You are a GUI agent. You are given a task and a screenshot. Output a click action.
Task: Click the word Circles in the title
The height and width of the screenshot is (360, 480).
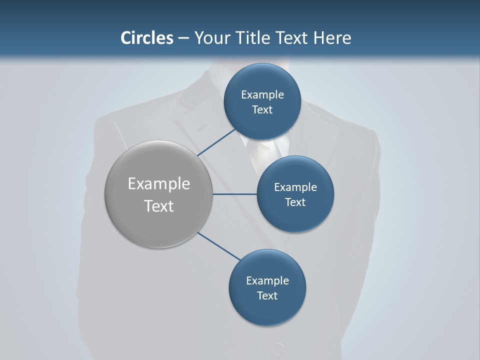coord(147,38)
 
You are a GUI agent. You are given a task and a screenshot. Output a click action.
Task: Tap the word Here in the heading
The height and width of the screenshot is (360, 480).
coord(332,38)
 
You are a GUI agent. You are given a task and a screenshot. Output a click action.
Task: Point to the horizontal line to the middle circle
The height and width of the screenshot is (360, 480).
coord(234,194)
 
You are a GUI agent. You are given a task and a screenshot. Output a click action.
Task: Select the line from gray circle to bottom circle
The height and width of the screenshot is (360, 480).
coord(218,245)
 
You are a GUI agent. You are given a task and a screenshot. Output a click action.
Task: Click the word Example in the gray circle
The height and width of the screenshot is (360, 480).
coord(159,184)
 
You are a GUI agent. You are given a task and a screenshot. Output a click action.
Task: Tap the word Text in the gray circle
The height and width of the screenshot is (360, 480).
coord(159,206)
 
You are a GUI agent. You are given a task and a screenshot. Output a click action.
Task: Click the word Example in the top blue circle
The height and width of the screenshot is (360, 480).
coord(262,94)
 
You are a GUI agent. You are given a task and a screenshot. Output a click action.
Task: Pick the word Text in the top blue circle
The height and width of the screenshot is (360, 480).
coord(262,109)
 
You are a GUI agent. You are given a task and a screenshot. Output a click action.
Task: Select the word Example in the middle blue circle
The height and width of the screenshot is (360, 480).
coord(295,187)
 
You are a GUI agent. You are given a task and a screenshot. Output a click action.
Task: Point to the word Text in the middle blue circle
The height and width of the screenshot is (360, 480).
coord(295,202)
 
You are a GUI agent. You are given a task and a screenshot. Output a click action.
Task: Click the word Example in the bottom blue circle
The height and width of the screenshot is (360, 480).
coord(267,280)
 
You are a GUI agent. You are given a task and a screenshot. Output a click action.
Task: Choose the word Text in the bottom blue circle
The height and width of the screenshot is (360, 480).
coord(267,295)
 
